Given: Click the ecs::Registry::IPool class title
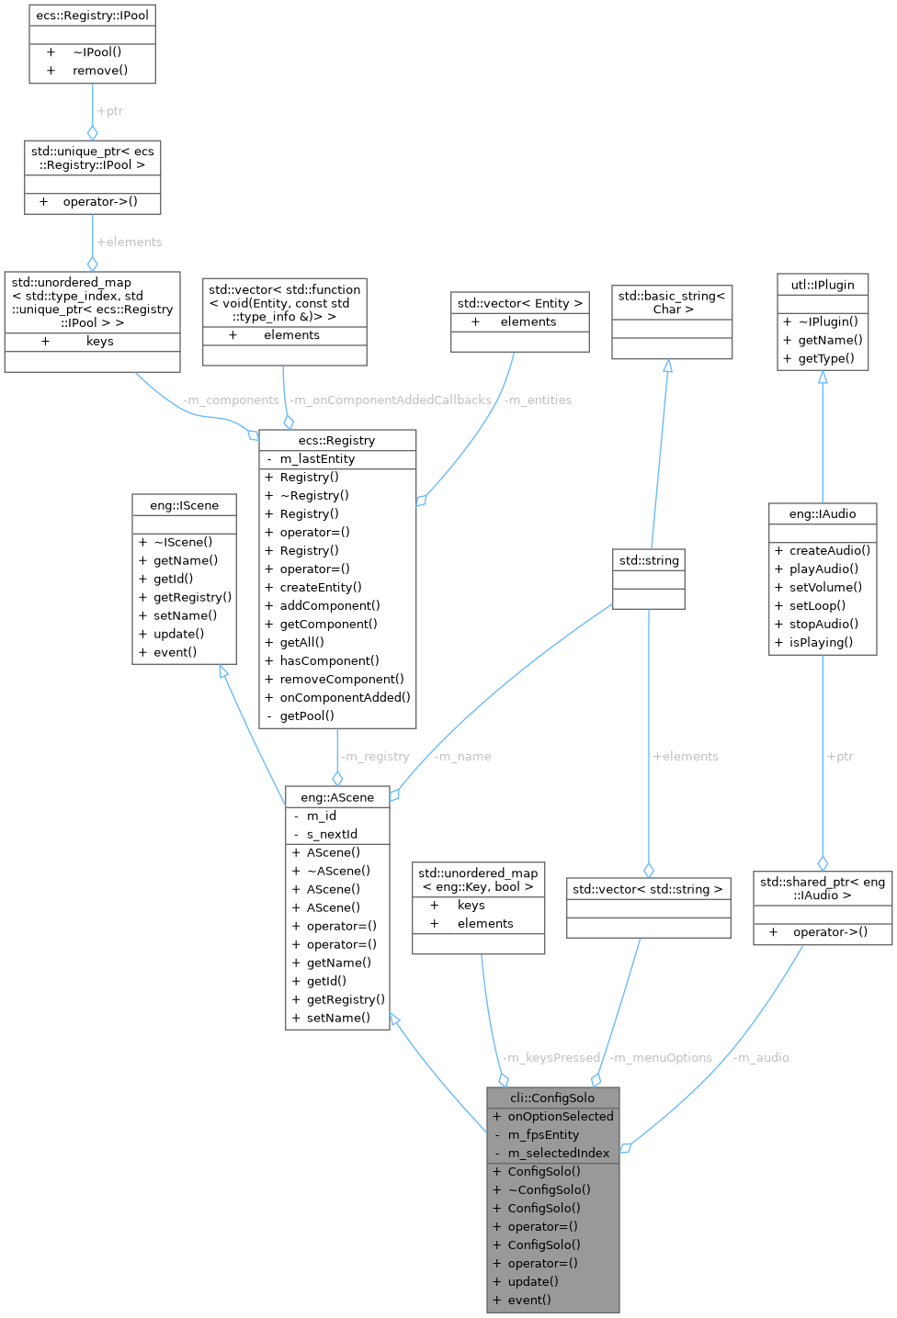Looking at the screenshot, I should [x=92, y=15].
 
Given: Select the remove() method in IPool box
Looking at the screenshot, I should [x=100, y=70].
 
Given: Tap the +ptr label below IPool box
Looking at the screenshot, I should [x=109, y=111].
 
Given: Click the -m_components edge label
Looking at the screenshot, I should [x=230, y=400].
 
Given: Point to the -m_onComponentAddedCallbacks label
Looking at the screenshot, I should [x=390, y=400].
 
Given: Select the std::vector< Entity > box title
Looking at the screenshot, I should [x=520, y=302].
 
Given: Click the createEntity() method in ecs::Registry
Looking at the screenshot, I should [x=321, y=587].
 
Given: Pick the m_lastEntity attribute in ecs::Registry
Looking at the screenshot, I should [x=317, y=458].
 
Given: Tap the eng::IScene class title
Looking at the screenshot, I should [x=184, y=504].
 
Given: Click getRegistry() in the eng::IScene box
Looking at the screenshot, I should [x=192, y=597].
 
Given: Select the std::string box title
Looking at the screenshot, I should [x=649, y=559].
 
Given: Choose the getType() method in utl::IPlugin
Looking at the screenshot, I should [x=826, y=358].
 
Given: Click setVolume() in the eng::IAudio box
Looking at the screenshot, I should [x=825, y=587].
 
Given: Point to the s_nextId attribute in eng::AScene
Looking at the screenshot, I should [x=332, y=834].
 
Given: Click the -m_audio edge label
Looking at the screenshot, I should [x=761, y=1057].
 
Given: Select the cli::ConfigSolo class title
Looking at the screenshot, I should [x=552, y=1098].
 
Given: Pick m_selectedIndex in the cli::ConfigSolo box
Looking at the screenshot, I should [x=558, y=1153].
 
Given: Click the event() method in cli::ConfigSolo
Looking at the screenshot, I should [x=529, y=1300].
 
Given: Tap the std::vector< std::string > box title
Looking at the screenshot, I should [x=648, y=888].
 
